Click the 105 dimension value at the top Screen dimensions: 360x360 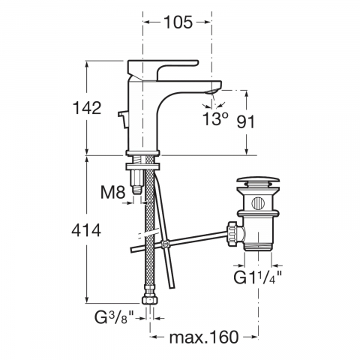pos(178,22)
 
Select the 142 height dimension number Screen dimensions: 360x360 pos(87,108)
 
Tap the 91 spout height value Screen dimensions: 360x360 pos(245,121)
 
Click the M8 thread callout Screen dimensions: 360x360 pos(112,192)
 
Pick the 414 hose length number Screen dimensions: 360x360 pos(86,230)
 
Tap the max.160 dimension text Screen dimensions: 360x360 pos(204,337)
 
